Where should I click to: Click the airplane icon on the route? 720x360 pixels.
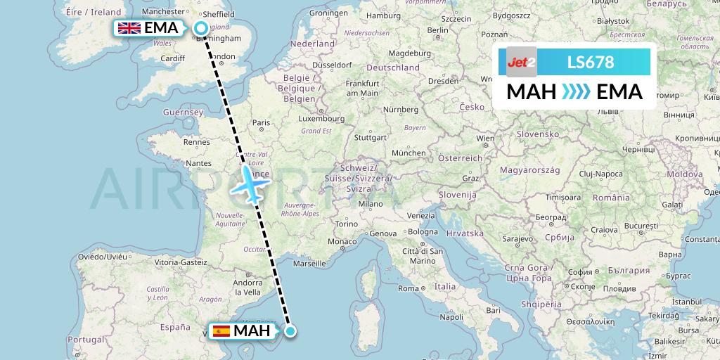point(251,184)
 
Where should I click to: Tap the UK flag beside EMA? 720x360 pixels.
point(129,28)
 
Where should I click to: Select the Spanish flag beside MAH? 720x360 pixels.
point(221,330)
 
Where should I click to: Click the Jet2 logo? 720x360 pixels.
point(521,62)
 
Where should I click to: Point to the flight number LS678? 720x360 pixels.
point(591,63)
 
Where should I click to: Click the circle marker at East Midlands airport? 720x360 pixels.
point(201,28)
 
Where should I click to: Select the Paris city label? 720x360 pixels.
point(261,123)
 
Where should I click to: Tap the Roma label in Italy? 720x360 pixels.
point(408,288)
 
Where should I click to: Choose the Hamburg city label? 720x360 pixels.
point(383,15)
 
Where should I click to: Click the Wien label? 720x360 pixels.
point(485,139)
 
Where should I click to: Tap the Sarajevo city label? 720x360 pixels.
point(515,239)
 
